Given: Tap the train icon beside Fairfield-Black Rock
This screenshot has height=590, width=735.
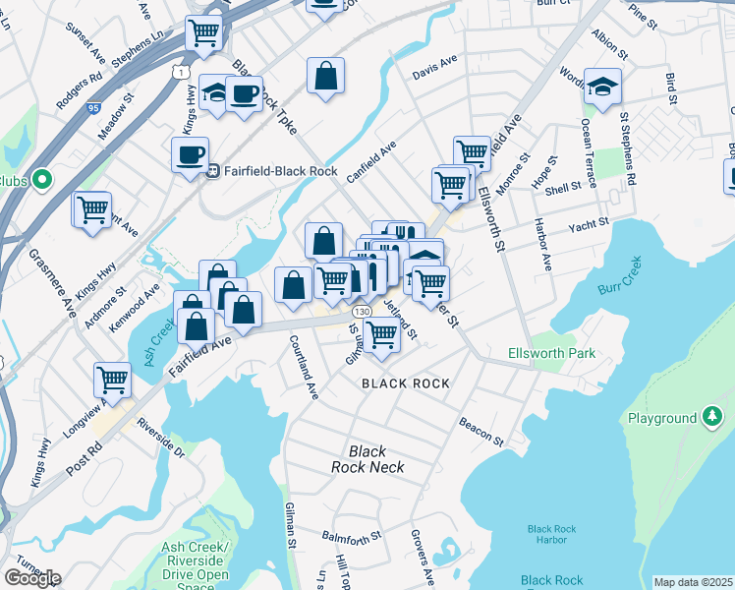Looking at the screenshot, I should point(210,169).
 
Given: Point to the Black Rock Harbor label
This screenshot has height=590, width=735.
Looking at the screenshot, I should point(551,534).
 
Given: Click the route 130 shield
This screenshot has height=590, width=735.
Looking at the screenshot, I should point(362,311).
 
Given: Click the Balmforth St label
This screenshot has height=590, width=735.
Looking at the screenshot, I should point(352,538).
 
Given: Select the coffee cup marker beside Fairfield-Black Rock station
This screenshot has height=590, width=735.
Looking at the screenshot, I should point(190,154).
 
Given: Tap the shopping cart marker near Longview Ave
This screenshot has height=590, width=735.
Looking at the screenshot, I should point(113,379).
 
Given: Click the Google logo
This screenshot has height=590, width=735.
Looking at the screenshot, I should point(32,578).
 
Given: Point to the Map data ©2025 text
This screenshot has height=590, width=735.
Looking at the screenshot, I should point(694,582).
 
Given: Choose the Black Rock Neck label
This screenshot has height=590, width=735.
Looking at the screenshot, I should point(368,459).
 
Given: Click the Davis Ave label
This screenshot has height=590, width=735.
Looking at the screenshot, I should point(435,67).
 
